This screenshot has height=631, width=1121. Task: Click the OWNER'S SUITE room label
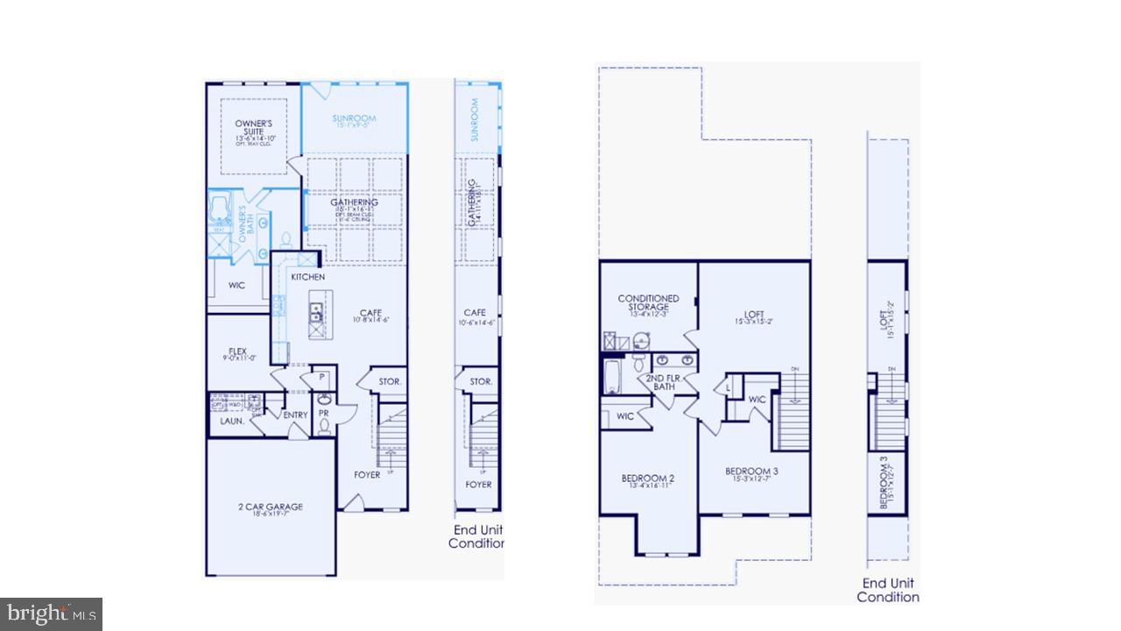click(254, 128)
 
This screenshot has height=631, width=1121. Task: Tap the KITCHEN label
click(307, 277)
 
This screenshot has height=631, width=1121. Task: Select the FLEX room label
click(237, 351)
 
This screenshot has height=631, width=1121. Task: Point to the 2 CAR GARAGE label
click(271, 507)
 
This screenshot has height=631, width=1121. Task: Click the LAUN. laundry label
click(231, 422)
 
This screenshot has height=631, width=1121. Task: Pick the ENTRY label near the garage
click(295, 415)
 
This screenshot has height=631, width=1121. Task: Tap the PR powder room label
click(323, 412)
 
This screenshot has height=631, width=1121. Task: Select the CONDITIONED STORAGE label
click(648, 303)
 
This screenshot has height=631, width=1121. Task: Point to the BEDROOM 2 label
click(647, 478)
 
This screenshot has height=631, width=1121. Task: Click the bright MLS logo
click(51, 613)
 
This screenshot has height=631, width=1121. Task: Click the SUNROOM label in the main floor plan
click(354, 118)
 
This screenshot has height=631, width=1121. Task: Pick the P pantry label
click(321, 378)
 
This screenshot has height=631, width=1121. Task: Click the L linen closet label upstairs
click(729, 386)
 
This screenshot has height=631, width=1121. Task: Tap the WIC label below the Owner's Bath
click(236, 286)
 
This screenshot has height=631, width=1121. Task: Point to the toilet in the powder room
click(324, 427)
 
